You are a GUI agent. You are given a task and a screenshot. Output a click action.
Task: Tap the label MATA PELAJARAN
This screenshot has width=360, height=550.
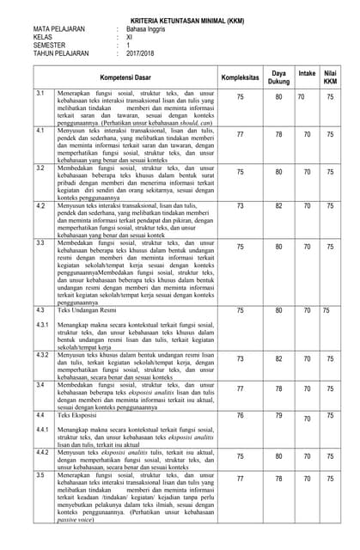59,28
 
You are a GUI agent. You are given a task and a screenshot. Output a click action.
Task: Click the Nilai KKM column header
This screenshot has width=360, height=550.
330,77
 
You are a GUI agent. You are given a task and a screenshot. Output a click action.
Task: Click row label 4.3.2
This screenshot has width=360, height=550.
42,355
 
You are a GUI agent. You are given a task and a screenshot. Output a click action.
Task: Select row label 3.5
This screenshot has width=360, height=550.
40,474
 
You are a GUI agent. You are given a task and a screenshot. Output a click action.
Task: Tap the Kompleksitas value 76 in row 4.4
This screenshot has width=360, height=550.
240,415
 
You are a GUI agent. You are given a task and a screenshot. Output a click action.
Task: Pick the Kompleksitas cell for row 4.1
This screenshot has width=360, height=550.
240,134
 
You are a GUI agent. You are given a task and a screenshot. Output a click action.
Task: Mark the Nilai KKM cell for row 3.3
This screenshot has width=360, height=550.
330,247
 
